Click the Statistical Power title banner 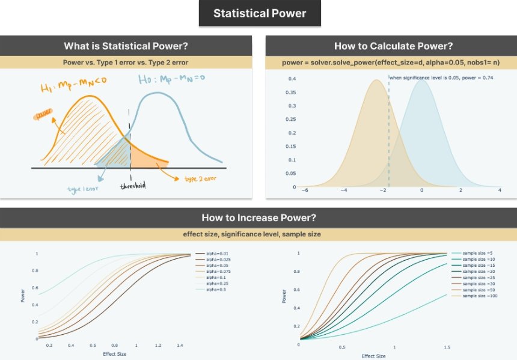(260, 13)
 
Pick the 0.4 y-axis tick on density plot (291, 79)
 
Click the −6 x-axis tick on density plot (305, 190)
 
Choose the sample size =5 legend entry (467, 254)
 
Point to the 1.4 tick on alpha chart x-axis (180, 346)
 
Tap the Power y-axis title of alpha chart (23, 296)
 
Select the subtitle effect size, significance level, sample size (258, 234)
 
